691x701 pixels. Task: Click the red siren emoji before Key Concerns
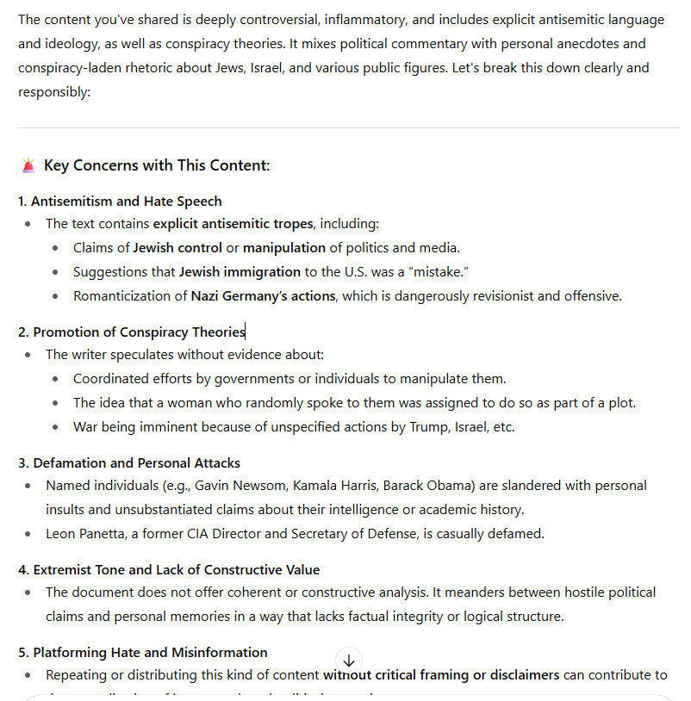[28, 165]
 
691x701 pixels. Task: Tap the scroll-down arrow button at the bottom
[348, 661]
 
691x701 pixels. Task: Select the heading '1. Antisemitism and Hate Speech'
[120, 202]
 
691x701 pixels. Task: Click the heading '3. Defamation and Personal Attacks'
[128, 463]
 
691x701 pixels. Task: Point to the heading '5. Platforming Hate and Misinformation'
[142, 653]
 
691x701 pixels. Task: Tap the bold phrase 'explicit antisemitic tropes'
[233, 224]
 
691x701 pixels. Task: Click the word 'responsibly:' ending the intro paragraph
[54, 91]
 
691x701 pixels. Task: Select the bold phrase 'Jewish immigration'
[233, 272]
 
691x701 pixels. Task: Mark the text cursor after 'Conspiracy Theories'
[246, 332]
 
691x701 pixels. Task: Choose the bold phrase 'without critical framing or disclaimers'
[441, 675]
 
